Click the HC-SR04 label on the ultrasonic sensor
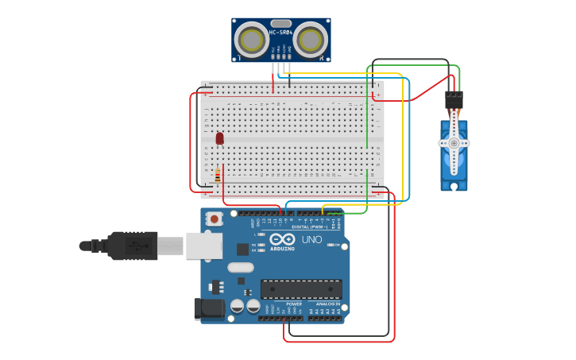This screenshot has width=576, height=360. tap(280, 33)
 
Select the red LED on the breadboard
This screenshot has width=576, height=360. tap(220, 138)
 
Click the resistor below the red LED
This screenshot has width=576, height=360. tap(218, 175)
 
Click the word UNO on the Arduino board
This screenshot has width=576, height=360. tap(311, 239)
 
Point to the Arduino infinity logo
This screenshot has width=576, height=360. tap(282, 239)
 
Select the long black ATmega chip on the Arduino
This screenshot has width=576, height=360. tap(301, 289)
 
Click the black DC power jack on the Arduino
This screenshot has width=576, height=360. tap(209, 308)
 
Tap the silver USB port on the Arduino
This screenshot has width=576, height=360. tap(203, 246)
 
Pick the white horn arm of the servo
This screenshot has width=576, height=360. tap(454, 143)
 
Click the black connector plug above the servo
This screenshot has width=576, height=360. tap(454, 100)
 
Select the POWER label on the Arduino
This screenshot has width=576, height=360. tap(294, 304)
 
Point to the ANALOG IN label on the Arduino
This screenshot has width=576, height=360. tap(328, 304)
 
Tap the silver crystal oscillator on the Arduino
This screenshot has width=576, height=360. tap(241, 267)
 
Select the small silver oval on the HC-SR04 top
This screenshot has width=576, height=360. tap(280, 23)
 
